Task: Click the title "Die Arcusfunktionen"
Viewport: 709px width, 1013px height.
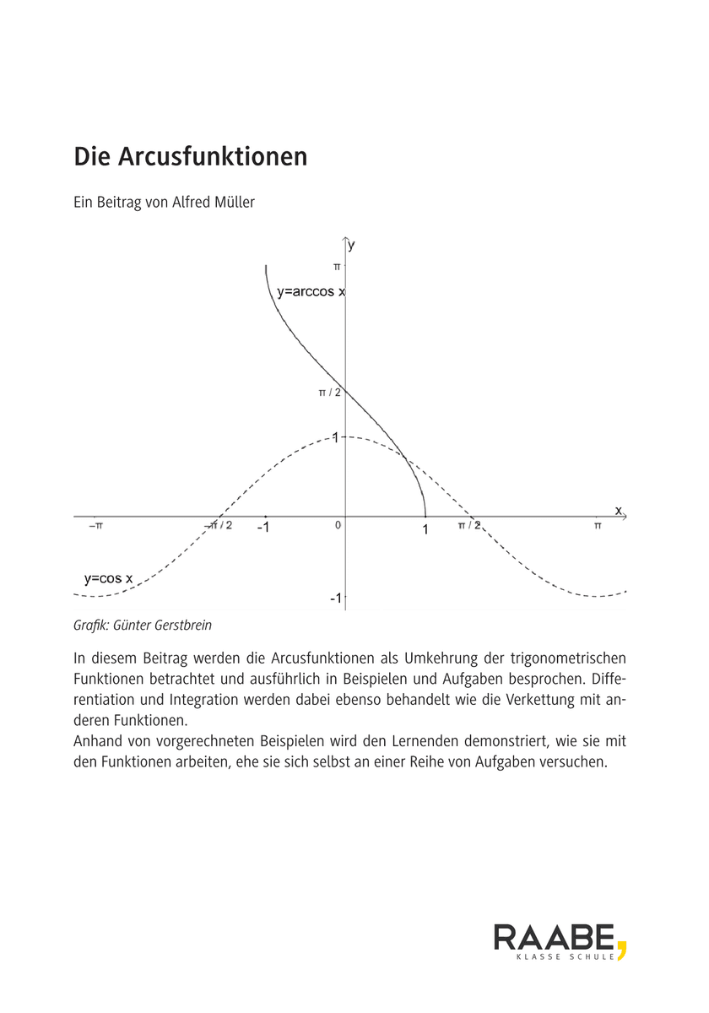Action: click(x=191, y=157)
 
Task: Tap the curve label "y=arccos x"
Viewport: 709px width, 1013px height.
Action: click(x=311, y=293)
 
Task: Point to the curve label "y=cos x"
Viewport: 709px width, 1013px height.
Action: click(x=108, y=578)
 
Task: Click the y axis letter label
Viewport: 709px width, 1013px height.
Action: click(x=352, y=245)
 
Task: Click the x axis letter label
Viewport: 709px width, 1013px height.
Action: click(x=618, y=510)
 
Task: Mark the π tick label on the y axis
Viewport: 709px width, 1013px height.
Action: click(x=336, y=266)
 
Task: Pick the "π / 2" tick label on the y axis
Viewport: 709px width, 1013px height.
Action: click(x=329, y=393)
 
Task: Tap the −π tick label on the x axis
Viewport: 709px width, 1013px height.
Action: click(x=95, y=525)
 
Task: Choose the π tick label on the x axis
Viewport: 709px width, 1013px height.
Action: click(x=598, y=525)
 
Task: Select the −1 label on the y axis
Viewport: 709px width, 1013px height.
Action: click(x=335, y=598)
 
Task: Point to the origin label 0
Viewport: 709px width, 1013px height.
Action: click(x=338, y=525)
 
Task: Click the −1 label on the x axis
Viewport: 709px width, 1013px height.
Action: click(x=263, y=528)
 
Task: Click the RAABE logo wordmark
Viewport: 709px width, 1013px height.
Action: click(x=554, y=937)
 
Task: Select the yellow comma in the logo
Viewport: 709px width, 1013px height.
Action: click(x=621, y=947)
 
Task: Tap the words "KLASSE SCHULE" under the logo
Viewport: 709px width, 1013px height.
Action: click(x=565, y=957)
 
